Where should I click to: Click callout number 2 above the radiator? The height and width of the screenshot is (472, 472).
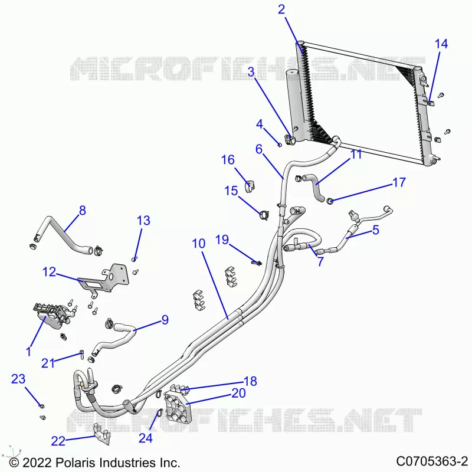(x=281, y=9)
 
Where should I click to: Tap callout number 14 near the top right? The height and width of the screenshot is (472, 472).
(x=441, y=44)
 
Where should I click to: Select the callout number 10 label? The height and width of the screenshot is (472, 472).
(x=199, y=244)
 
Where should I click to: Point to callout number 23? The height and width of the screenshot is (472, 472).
(x=18, y=379)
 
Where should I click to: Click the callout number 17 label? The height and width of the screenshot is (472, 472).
(x=399, y=182)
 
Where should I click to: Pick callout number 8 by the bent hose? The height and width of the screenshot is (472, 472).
(x=83, y=211)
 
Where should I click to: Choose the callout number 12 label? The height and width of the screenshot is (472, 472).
(x=50, y=272)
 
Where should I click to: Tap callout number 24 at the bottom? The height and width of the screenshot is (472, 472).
(x=145, y=438)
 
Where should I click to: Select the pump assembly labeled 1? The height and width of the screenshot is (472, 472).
(x=54, y=317)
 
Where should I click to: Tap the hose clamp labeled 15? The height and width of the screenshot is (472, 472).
(x=264, y=215)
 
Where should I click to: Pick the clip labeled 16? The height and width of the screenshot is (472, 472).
(x=250, y=186)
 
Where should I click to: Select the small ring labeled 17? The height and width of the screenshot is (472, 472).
(x=330, y=201)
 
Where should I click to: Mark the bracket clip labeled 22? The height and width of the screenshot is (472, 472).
(x=101, y=434)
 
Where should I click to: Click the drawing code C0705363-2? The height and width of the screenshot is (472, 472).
(x=432, y=461)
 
